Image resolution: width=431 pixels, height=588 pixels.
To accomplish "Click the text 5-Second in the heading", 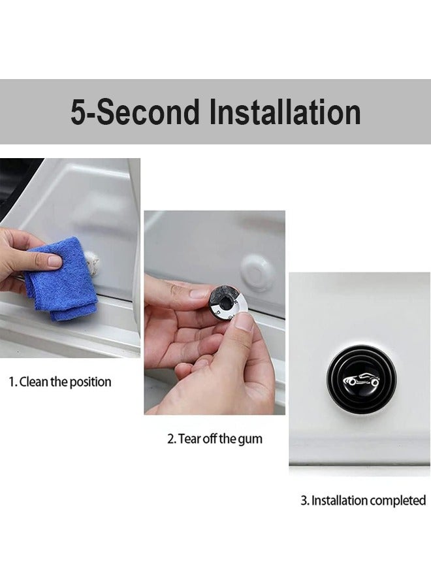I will point(135,112).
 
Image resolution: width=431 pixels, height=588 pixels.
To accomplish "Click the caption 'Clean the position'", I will point(59,382).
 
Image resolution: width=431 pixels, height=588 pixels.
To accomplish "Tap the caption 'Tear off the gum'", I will point(215,438).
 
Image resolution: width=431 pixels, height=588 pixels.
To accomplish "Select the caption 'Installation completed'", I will point(363,501).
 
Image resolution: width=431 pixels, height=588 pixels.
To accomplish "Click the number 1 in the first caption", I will point(11,382).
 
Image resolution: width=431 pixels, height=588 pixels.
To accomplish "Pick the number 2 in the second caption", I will point(170,438).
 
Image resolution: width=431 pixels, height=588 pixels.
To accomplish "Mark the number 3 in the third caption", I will point(304,501).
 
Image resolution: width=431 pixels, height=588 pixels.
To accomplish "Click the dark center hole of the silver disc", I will point(227,302).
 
